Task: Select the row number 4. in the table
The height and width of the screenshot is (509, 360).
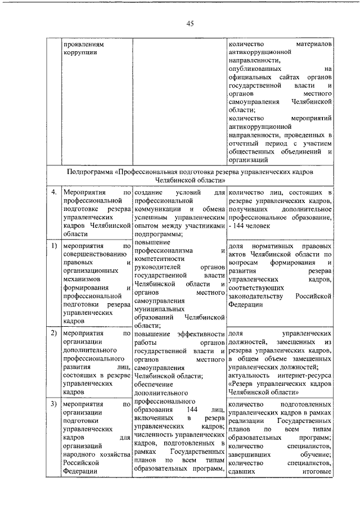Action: (53, 193)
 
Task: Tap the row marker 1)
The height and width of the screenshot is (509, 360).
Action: (53, 246)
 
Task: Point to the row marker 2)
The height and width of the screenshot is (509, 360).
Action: (53, 334)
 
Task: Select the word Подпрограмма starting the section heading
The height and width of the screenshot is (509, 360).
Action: (89, 171)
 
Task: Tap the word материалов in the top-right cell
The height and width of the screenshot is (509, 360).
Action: (313, 43)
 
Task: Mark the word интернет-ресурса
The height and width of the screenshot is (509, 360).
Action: (307, 375)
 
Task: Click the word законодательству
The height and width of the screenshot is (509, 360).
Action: (258, 296)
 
